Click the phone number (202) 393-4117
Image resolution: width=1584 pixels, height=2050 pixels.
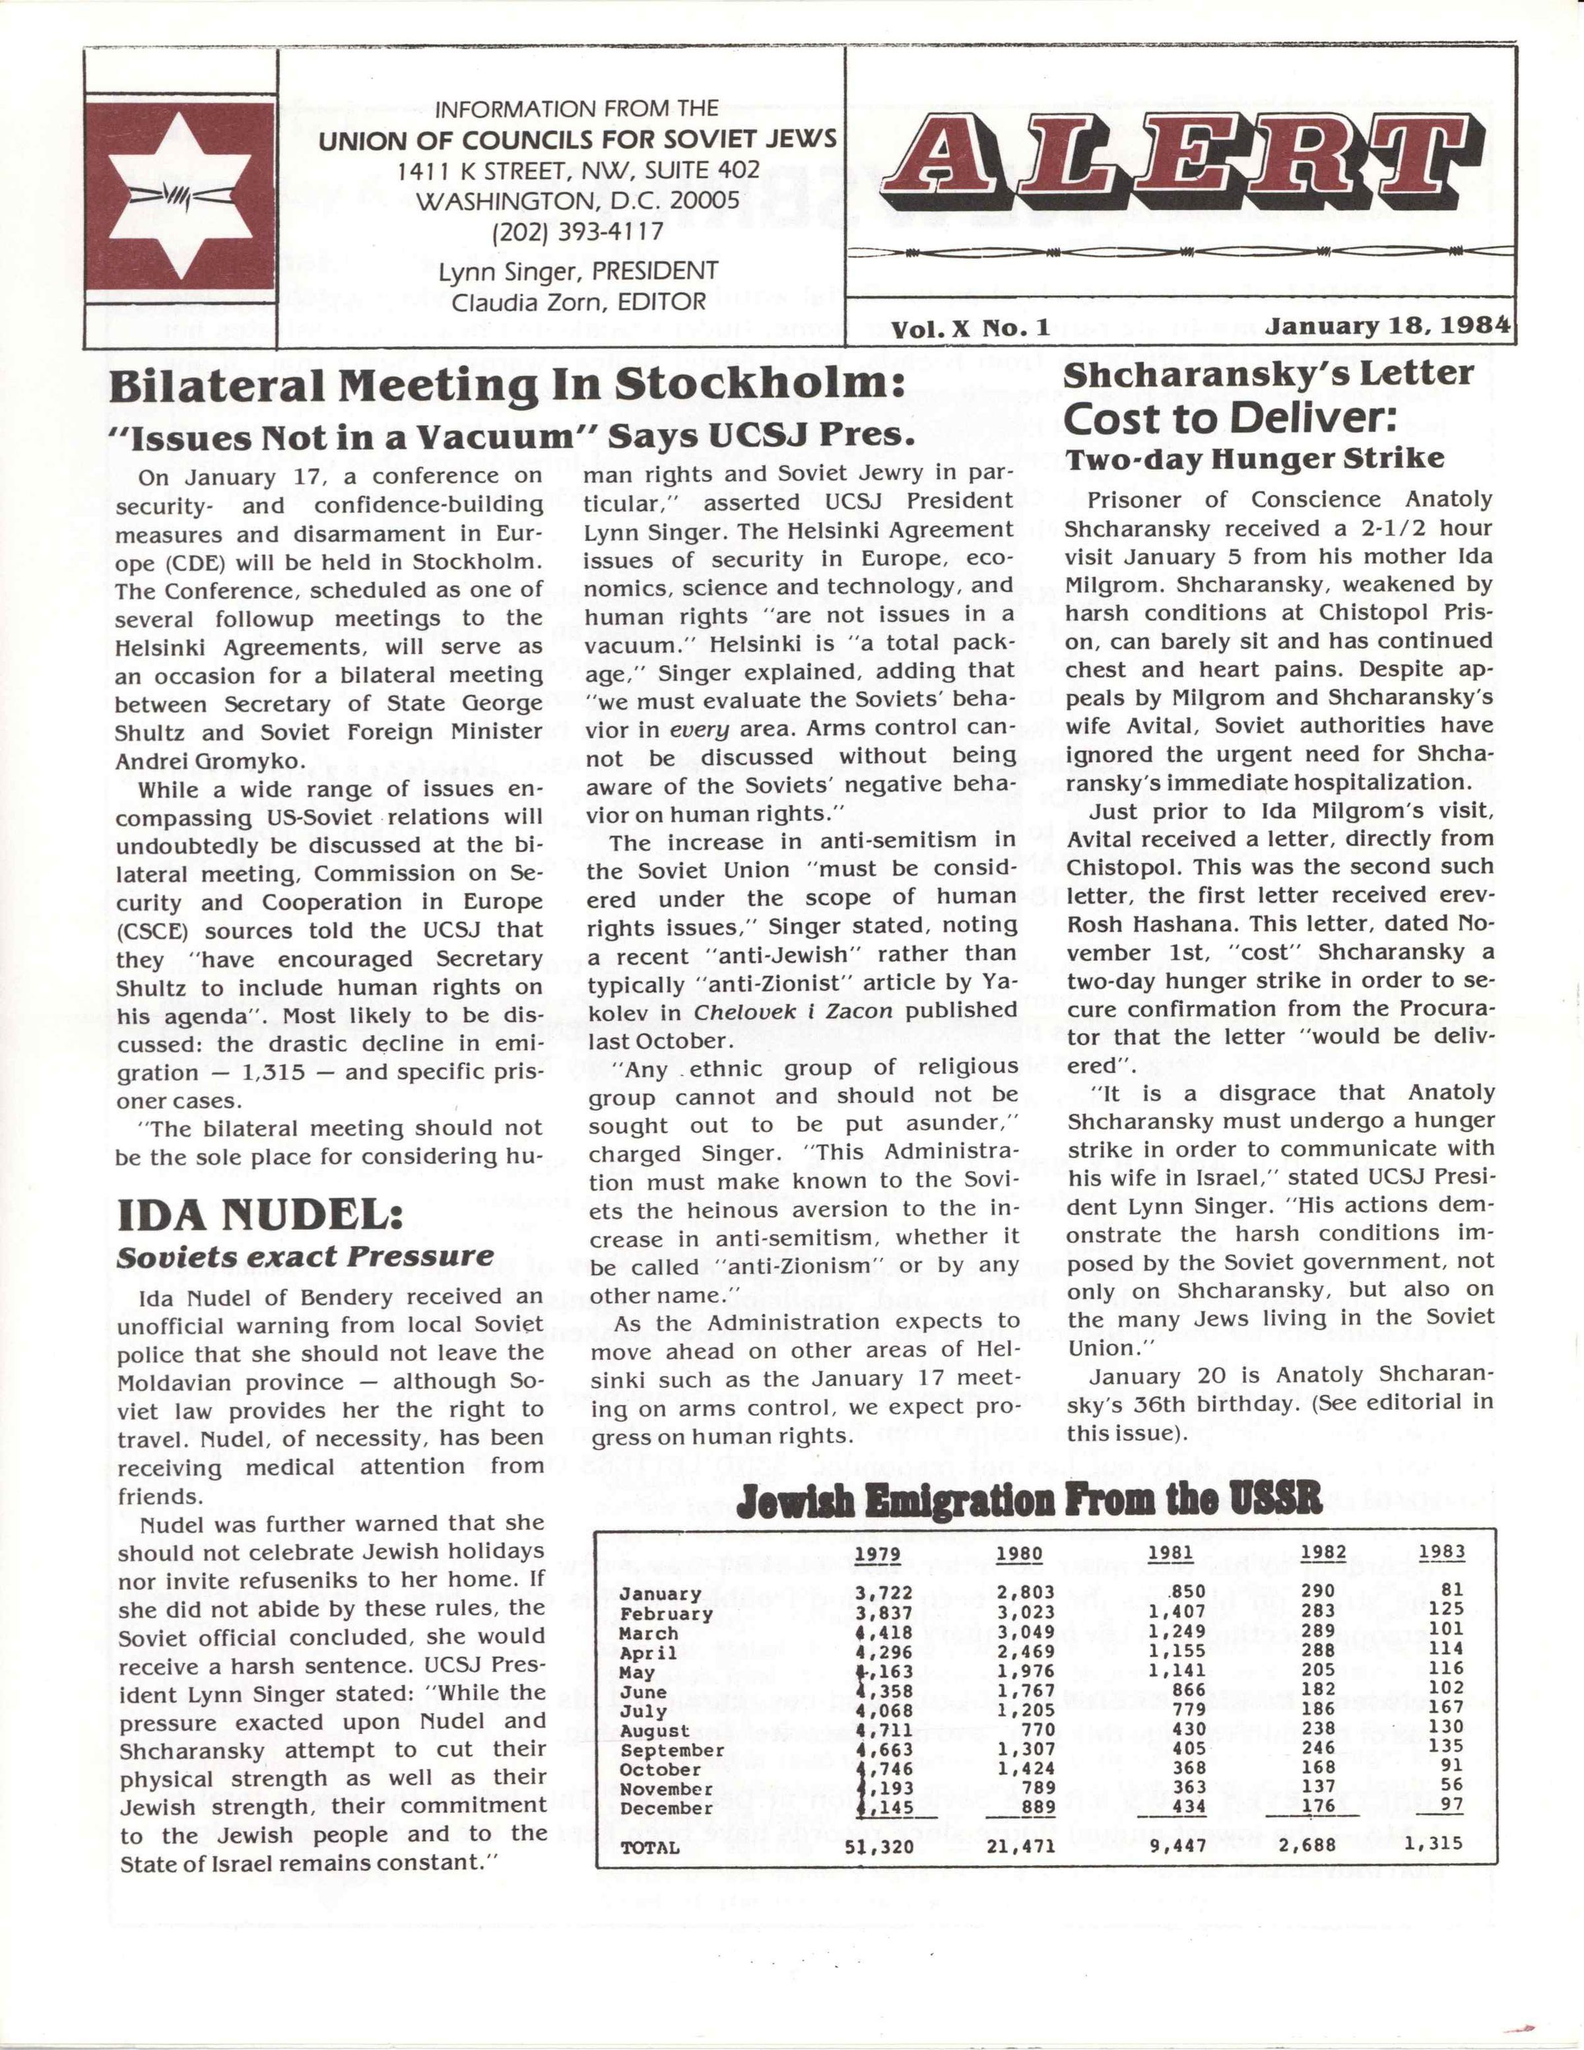pyautogui.click(x=576, y=231)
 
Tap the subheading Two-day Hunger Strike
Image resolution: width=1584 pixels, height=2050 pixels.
pyautogui.click(x=1255, y=459)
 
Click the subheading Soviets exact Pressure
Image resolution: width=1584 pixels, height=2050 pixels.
pyautogui.click(x=304, y=1257)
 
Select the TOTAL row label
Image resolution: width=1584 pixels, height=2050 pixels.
pyautogui.click(x=649, y=1847)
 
